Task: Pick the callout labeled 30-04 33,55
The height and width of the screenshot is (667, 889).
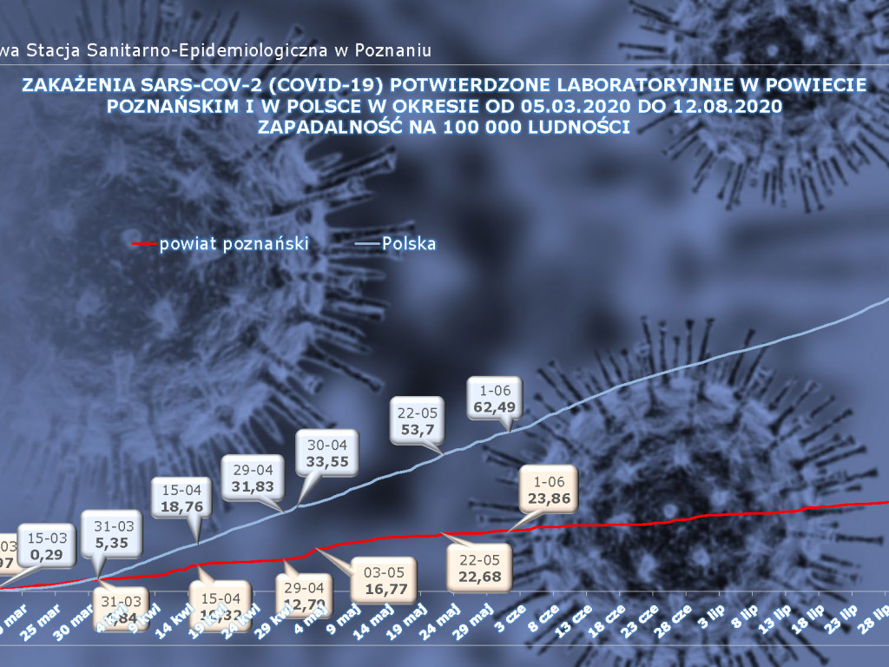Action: tap(327, 453)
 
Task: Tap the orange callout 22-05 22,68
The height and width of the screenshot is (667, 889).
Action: tap(477, 568)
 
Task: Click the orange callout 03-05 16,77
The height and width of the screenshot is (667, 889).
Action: tap(384, 578)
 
